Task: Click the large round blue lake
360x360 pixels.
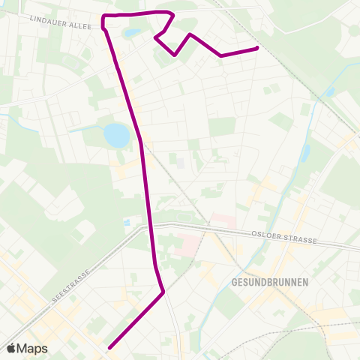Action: (x=116, y=135)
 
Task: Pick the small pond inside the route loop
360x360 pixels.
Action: (x=132, y=33)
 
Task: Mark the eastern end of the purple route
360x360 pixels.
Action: (x=257, y=48)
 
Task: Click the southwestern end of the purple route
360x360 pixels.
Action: (x=109, y=347)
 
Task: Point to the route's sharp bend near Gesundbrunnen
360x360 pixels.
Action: (x=163, y=292)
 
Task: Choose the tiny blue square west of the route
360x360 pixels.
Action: (x=127, y=223)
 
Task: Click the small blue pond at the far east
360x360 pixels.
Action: (x=330, y=92)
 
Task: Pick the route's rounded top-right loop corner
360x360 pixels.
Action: (x=172, y=14)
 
